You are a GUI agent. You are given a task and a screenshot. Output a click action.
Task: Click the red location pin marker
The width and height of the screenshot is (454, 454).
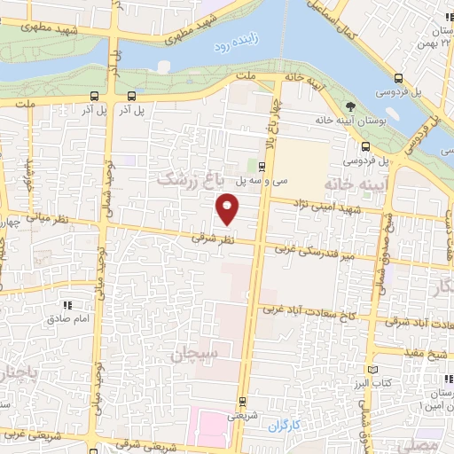pyautogui.click(x=229, y=208)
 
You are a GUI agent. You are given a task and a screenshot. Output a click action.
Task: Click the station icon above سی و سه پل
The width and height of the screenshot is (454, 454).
pyautogui.click(x=262, y=166)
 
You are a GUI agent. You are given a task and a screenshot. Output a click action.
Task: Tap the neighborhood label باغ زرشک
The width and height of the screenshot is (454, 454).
pyautogui.click(x=188, y=178)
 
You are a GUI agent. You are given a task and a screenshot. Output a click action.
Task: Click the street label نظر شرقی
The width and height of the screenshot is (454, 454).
pyautogui.click(x=215, y=239)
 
